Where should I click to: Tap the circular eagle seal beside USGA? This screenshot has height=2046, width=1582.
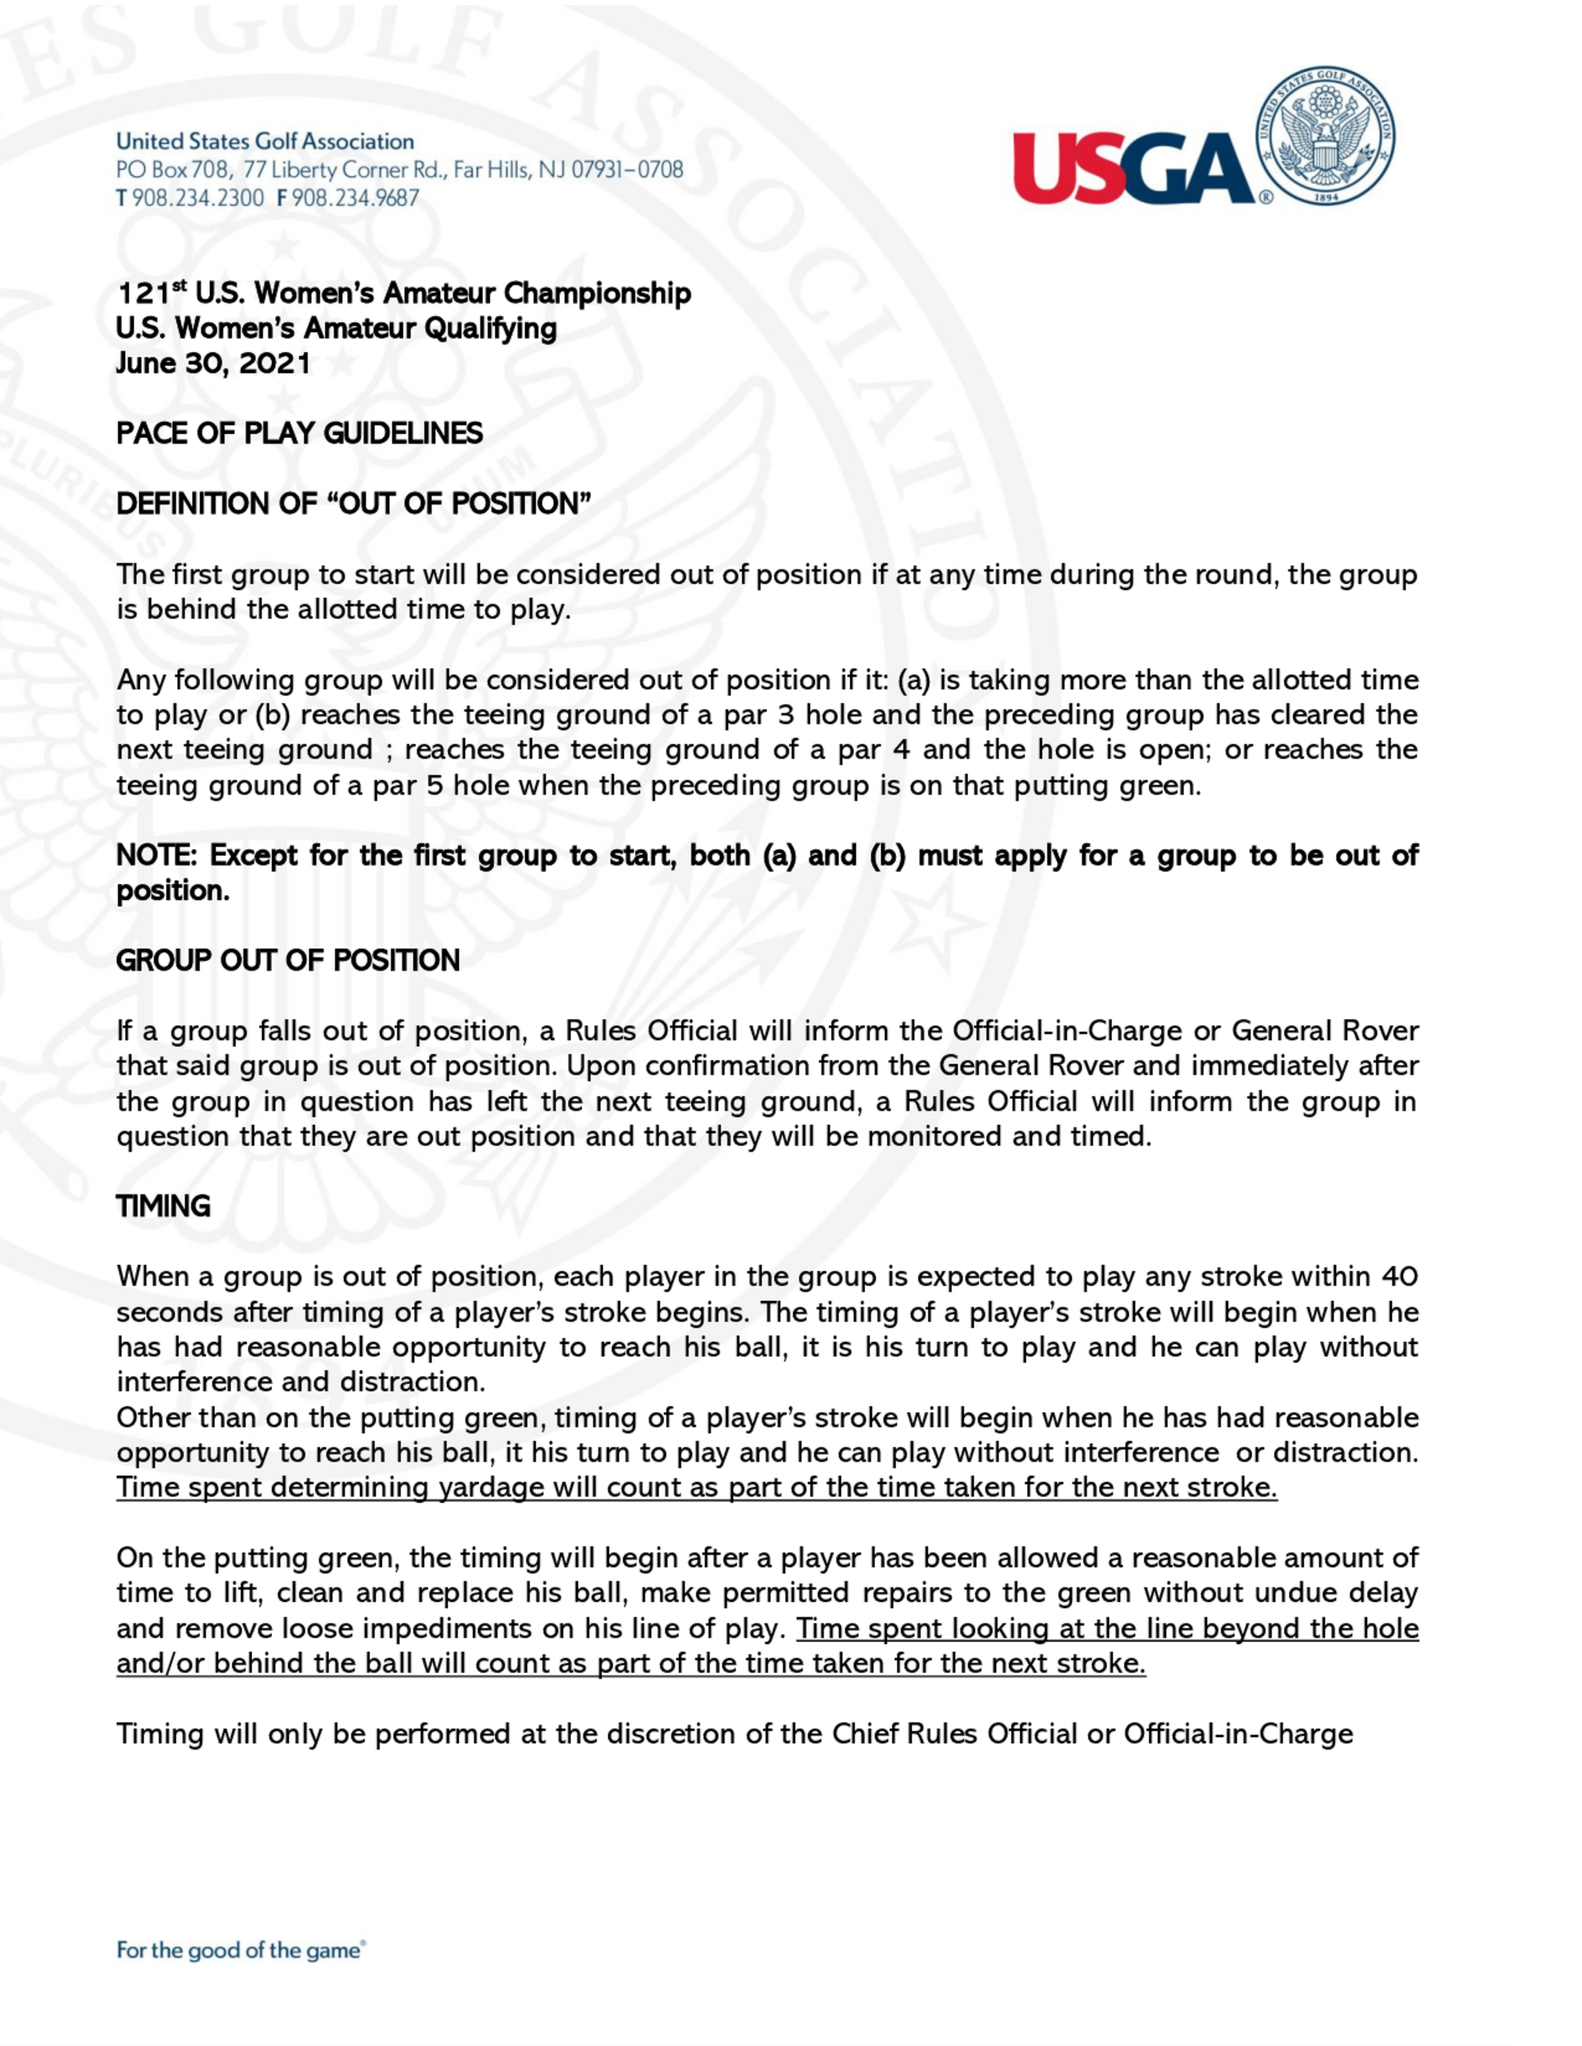(x=1324, y=136)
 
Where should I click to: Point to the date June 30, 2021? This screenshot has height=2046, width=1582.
(x=213, y=364)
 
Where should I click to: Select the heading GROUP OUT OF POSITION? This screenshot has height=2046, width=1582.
(x=288, y=961)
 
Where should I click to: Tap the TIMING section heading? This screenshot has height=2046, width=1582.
(x=163, y=1206)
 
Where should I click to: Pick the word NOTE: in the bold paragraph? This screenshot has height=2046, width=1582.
(x=157, y=855)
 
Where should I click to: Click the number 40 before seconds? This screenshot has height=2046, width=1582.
(x=1399, y=1277)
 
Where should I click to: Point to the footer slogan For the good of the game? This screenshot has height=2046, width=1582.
(x=239, y=1950)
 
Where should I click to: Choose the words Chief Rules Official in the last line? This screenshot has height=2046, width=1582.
(x=954, y=1734)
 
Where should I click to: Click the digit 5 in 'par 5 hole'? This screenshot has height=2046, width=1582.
(x=435, y=785)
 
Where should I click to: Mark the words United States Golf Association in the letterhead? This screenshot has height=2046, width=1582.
(x=265, y=142)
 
